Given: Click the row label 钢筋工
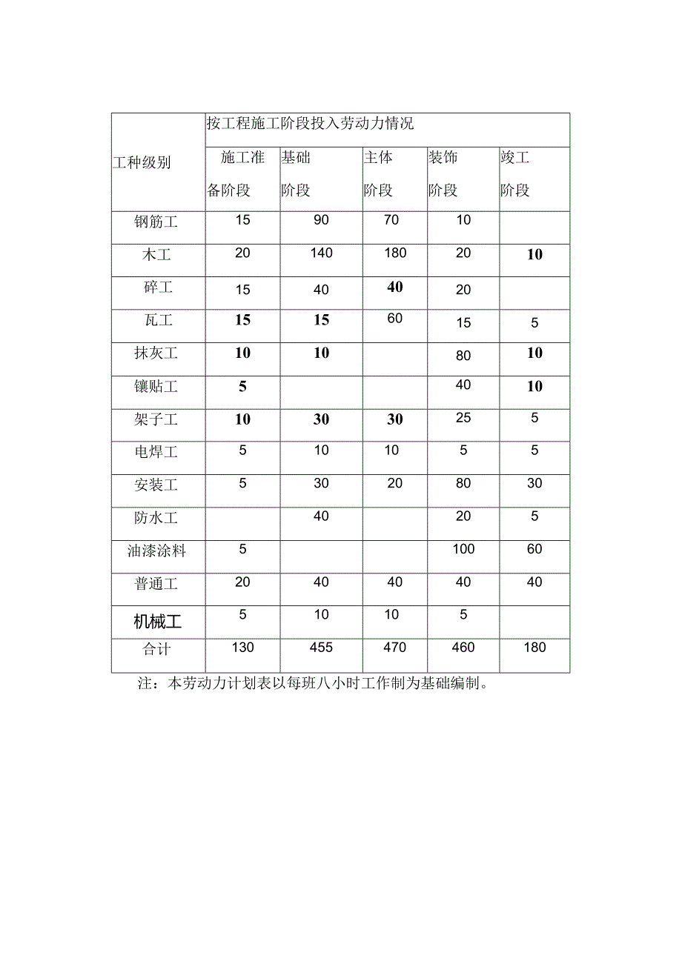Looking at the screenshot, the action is coord(156,222).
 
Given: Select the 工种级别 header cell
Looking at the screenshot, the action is coord(142,162).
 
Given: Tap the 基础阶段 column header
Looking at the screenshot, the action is coord(296,174).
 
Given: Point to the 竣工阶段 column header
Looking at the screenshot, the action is coord(515,174).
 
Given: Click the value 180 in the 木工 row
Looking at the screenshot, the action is coord(395,253).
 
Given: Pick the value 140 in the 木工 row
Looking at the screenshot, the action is coord(321,253).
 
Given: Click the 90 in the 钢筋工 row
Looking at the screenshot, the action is coord(321,220).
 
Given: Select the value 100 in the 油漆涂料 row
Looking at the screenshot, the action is coord(463,549).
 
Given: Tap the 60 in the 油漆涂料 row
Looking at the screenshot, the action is coord(534,549).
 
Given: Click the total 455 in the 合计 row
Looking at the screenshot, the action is coord(321,648).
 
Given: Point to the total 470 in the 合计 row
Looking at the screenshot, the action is coord(395,648).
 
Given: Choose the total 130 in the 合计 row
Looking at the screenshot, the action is coord(242,648).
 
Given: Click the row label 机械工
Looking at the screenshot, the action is coord(157,622).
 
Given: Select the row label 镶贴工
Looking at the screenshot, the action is coord(156,387).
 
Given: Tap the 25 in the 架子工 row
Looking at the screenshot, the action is coord(463,419).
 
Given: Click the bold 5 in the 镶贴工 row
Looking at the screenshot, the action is coord(242,387).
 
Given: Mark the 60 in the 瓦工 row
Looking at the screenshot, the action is coord(395,319).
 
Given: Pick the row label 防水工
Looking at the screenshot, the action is coord(156,518).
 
